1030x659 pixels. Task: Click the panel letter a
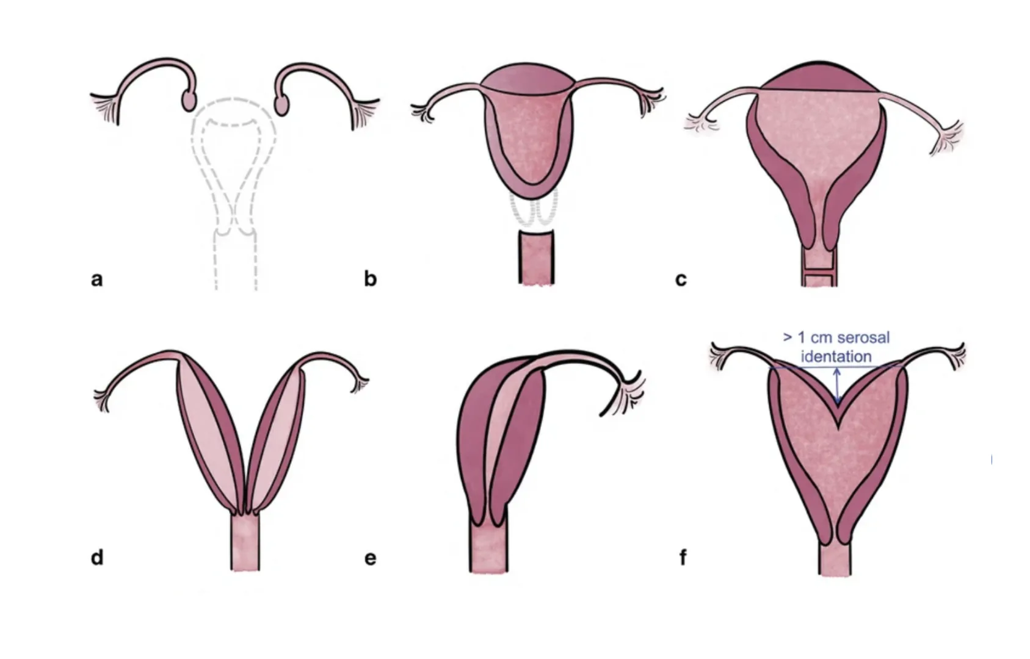pos(96,279)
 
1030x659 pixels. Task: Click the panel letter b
pos(370,278)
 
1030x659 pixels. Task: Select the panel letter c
pos(681,279)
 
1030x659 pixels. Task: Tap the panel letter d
pos(97,558)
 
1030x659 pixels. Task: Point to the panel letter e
pos(370,559)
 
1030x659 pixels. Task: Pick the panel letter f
pos(683,558)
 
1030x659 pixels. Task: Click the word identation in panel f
pos(836,356)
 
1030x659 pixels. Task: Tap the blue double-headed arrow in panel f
pos(837,386)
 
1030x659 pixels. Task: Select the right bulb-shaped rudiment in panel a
pos(282,104)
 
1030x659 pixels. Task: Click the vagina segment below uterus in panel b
pos(537,257)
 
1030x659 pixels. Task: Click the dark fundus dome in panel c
pos(819,77)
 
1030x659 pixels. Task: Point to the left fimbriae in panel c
pos(700,123)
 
